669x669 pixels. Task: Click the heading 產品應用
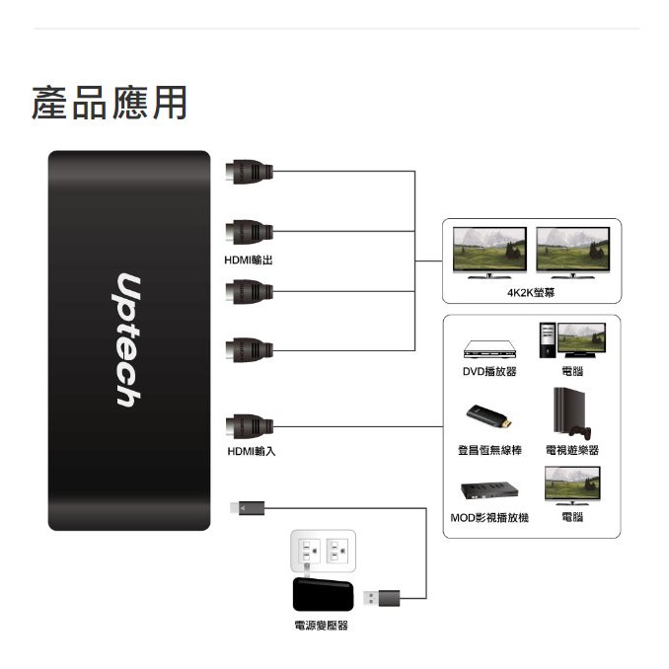click(110, 104)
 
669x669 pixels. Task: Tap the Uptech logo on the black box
click(126, 340)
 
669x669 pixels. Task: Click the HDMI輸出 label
click(249, 260)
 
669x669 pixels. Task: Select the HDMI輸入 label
click(251, 451)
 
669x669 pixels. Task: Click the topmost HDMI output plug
click(248, 173)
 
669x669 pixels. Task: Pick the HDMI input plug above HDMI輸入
click(248, 426)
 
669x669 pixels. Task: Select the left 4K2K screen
click(488, 249)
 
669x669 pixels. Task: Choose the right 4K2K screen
click(573, 249)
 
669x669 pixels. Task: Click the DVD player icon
click(490, 350)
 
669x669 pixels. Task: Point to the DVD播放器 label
click(490, 372)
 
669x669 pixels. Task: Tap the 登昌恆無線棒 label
click(489, 450)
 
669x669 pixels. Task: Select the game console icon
click(571, 412)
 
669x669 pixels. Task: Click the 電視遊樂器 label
click(572, 450)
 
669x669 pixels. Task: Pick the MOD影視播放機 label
click(489, 517)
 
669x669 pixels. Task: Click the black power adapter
click(324, 595)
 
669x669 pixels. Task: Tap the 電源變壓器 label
click(321, 627)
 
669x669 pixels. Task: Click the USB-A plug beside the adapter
click(381, 597)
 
